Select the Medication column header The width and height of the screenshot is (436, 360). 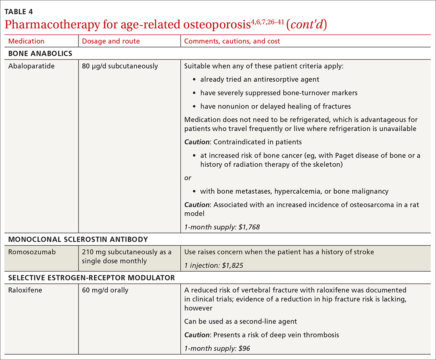click(26, 41)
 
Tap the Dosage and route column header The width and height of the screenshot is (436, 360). click(111, 41)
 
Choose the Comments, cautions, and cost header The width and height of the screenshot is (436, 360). click(232, 41)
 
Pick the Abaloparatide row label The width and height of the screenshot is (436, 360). click(31, 66)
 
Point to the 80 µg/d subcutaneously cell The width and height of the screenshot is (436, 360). click(120, 66)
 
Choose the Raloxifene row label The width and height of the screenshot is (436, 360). click(25, 290)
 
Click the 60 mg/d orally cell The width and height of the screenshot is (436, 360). click(105, 290)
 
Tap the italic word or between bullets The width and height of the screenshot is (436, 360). click(187, 178)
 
